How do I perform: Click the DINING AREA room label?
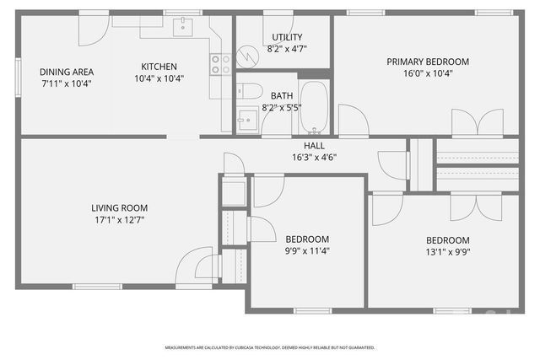click(67, 72)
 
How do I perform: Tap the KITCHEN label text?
click(159, 67)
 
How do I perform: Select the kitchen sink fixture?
click(183, 28)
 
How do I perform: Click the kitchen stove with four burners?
click(220, 65)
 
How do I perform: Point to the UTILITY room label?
click(287, 37)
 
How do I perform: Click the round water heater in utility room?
click(247, 56)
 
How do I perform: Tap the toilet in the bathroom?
click(251, 91)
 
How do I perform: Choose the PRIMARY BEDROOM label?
click(428, 62)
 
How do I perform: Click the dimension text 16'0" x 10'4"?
click(428, 74)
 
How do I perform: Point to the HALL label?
click(314, 146)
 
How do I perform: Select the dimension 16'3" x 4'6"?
click(314, 157)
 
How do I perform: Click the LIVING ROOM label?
click(120, 207)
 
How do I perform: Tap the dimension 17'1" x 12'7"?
click(120, 220)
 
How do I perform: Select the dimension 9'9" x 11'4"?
click(307, 251)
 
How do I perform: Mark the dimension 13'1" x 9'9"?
click(447, 251)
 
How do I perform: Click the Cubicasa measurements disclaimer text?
click(270, 347)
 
